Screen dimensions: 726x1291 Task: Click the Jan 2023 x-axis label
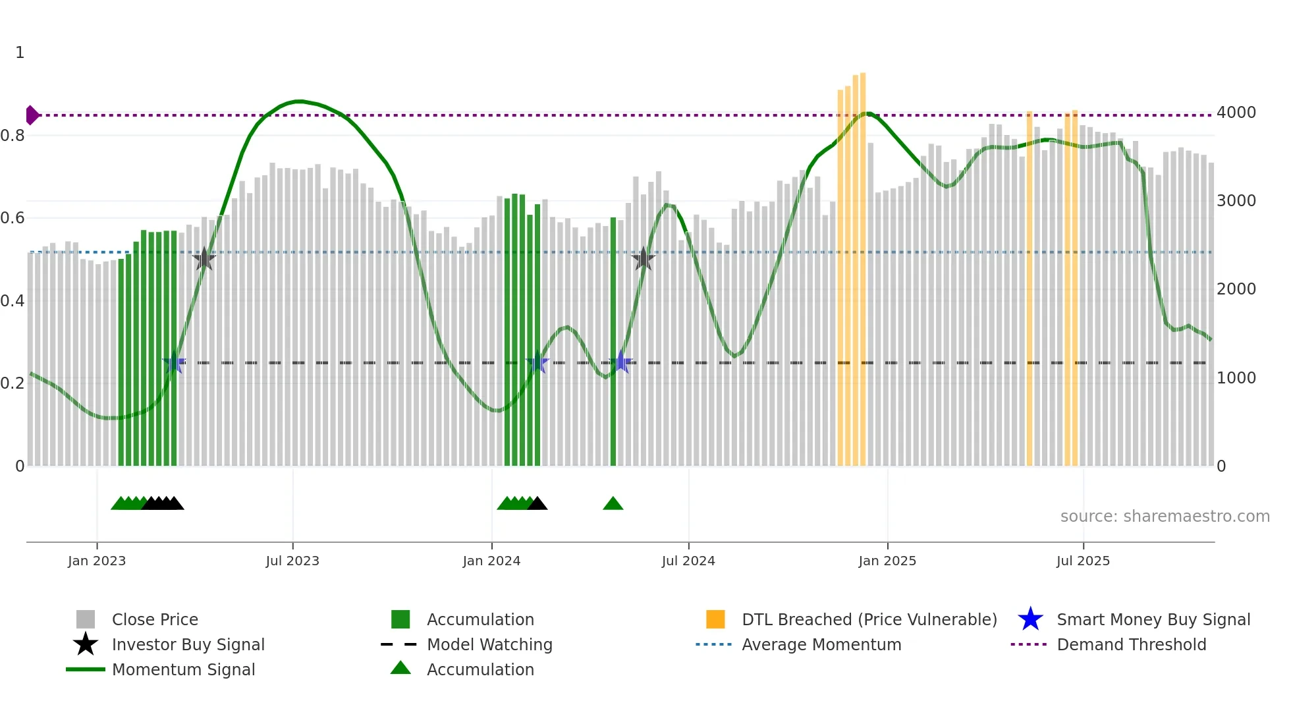point(97,561)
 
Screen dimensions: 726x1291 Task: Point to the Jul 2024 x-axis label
point(688,561)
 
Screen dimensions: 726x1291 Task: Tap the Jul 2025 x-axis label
point(1083,561)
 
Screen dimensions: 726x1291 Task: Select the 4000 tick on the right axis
point(1236,113)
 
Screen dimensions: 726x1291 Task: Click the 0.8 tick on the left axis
point(13,136)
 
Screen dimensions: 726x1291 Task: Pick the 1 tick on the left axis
point(20,53)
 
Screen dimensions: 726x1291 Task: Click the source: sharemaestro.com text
point(1165,517)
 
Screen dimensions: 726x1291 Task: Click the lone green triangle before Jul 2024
point(613,504)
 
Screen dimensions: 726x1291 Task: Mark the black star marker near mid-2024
point(643,259)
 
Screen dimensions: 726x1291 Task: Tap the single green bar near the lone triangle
point(613,343)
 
